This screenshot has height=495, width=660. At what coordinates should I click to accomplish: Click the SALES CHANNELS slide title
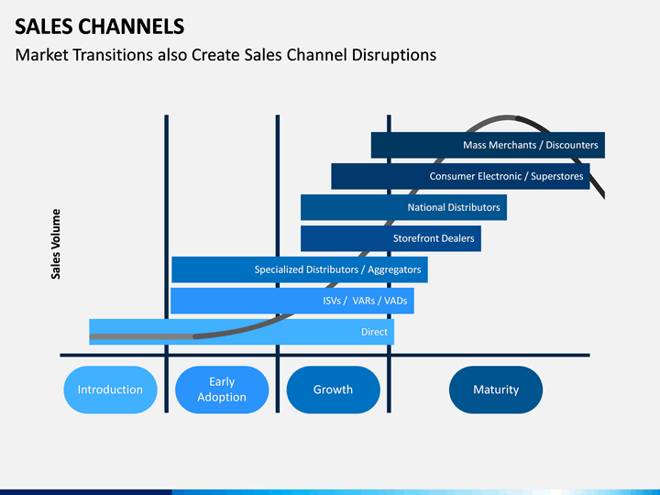[x=100, y=27]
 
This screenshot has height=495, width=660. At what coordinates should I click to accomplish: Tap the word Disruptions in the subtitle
[x=394, y=55]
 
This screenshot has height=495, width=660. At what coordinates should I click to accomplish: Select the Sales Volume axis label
[x=56, y=244]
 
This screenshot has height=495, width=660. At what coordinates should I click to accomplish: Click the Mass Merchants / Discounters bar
[x=488, y=145]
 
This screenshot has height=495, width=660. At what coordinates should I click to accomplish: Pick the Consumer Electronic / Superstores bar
[x=460, y=176]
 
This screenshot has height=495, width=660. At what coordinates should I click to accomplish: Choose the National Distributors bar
[x=403, y=207]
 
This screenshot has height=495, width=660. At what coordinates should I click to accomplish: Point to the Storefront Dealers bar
[x=390, y=238]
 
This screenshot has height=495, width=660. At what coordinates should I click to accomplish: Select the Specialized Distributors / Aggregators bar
[x=300, y=269]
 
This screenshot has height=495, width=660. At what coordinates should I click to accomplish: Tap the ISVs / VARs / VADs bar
[x=292, y=301]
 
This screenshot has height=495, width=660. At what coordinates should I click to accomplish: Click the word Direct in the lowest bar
[x=374, y=332]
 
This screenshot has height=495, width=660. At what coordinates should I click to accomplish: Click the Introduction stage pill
[x=110, y=390]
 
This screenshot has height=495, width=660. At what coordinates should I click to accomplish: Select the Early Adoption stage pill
[x=222, y=390]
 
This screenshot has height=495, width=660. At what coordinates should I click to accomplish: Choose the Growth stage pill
[x=334, y=390]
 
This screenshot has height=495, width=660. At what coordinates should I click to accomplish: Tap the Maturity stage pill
[x=496, y=390]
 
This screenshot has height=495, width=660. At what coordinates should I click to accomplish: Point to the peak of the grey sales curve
[x=506, y=117]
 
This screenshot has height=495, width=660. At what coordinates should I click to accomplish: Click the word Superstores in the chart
[x=557, y=176]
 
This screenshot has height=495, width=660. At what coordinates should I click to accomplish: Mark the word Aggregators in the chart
[x=394, y=269]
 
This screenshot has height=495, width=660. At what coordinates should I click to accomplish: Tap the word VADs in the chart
[x=396, y=301]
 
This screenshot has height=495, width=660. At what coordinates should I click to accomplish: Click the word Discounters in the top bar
[x=572, y=145]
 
